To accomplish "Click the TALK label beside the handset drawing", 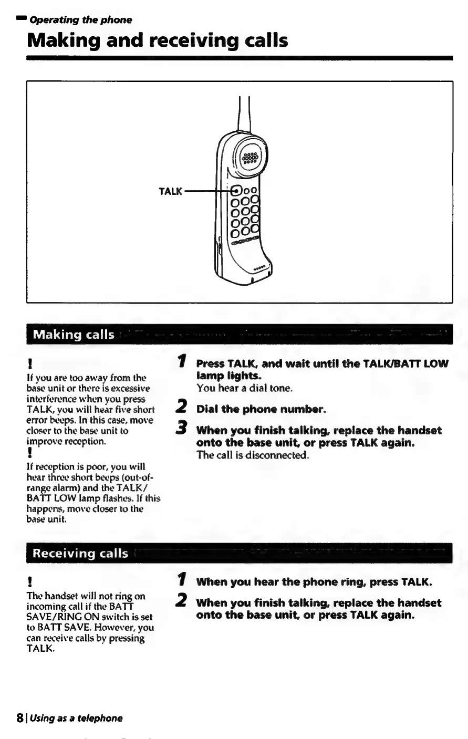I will click(x=170, y=192).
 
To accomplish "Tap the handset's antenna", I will click(x=243, y=113).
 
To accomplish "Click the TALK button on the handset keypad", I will click(x=236, y=191).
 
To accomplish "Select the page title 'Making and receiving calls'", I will click(x=158, y=40).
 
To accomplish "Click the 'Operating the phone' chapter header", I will click(x=80, y=20).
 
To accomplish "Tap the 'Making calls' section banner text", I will click(x=74, y=335).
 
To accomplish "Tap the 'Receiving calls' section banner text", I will click(x=80, y=553).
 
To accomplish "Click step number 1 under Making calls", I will click(x=182, y=361).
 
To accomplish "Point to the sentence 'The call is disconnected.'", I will click(x=252, y=455).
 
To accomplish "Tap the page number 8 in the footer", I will click(x=19, y=718).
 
